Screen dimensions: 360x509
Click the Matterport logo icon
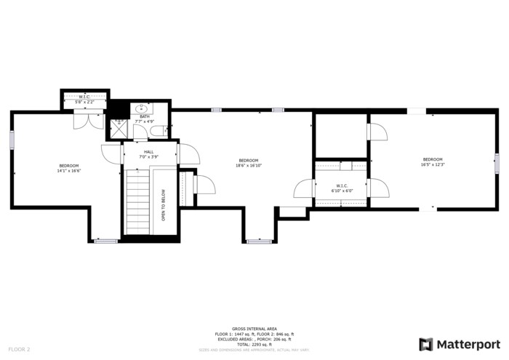(426, 344)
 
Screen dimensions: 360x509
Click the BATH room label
(145, 116)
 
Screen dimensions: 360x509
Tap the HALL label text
(148, 152)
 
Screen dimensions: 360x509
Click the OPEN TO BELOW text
(164, 206)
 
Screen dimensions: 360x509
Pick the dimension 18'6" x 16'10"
(248, 165)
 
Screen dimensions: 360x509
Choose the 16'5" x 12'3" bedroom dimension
(432, 164)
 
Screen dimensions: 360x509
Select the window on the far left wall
(12, 140)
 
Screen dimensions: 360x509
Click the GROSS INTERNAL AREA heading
(254, 329)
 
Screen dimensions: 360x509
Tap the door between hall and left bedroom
(111, 155)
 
